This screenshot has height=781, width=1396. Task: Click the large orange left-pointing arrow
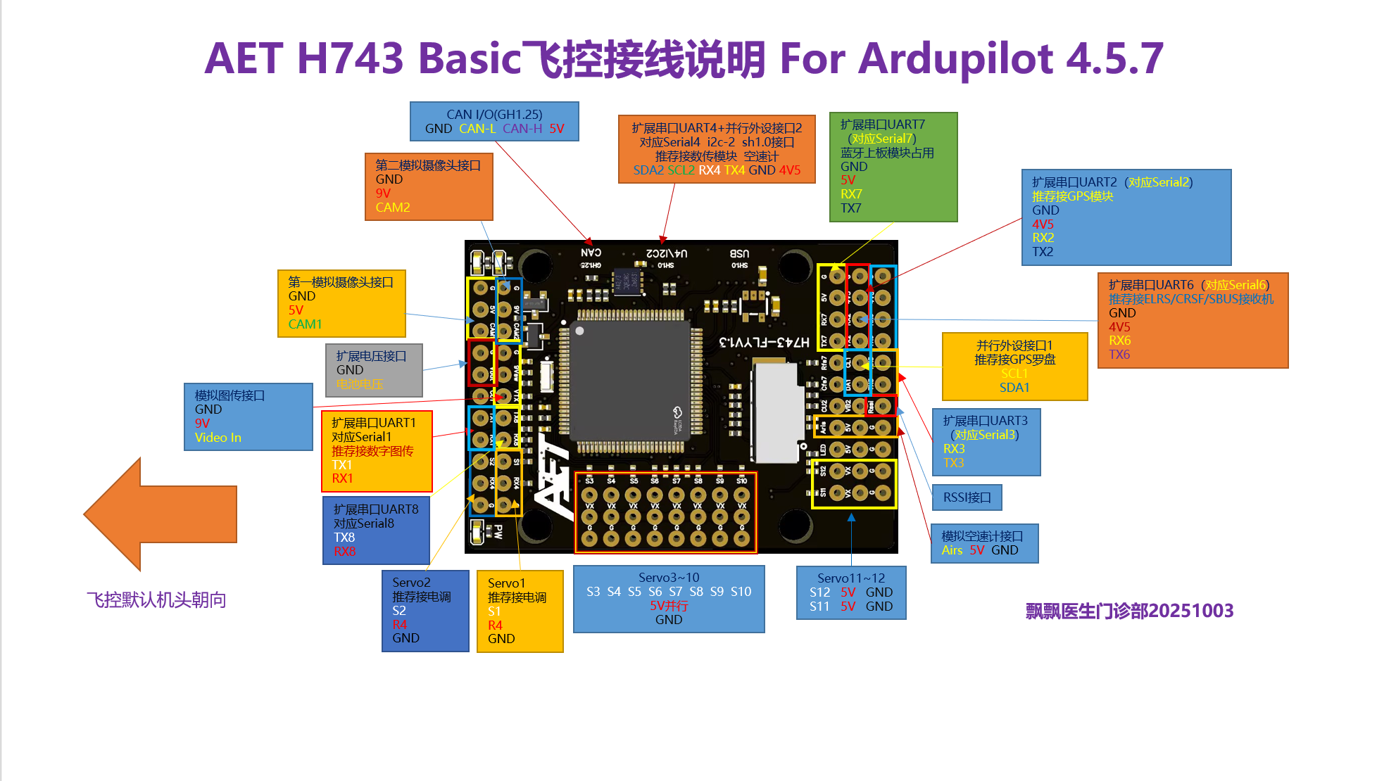click(161, 514)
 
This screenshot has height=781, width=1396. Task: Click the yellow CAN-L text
click(477, 129)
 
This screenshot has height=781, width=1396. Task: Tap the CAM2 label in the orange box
click(392, 208)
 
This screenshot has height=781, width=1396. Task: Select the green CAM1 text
click(305, 324)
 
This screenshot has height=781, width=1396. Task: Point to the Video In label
click(218, 438)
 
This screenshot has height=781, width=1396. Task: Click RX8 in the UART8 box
click(344, 552)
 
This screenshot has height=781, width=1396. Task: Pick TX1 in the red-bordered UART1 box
click(342, 465)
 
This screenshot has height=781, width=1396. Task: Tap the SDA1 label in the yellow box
click(1014, 388)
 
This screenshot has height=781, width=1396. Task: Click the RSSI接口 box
click(967, 497)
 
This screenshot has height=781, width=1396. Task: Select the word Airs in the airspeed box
click(952, 550)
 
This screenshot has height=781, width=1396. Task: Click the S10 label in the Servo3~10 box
click(741, 592)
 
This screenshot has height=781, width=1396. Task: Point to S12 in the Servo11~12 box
click(819, 592)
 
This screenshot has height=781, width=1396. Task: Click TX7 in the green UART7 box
click(850, 208)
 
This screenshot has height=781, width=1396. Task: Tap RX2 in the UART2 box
click(1043, 238)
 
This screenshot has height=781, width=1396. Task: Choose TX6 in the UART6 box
click(1119, 355)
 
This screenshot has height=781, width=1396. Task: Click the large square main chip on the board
click(629, 380)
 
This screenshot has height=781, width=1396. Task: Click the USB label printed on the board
click(739, 253)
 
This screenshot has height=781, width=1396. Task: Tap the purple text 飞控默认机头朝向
click(156, 600)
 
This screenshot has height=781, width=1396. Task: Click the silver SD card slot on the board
click(777, 412)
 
